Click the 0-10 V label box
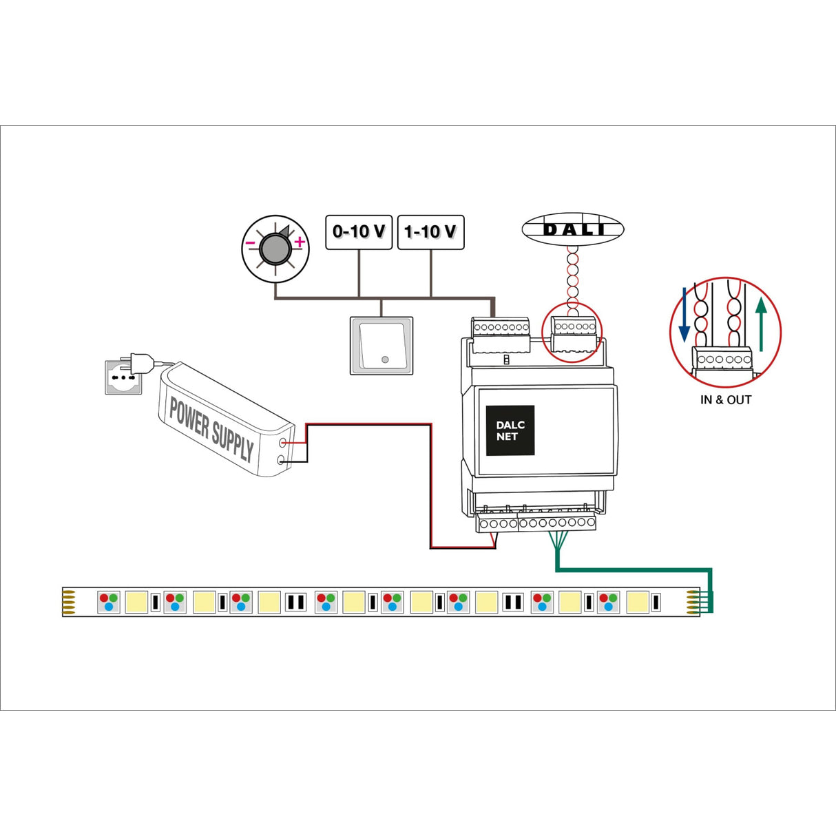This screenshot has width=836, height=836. (359, 232)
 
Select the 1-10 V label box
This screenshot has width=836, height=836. (431, 232)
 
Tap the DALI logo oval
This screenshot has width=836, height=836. (573, 229)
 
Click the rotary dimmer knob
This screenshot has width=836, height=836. (275, 249)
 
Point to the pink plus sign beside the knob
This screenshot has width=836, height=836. (300, 242)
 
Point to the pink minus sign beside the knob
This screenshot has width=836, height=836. (250, 243)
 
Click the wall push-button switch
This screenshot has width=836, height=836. (382, 346)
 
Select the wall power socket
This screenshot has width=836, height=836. (122, 377)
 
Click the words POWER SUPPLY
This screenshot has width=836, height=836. (211, 428)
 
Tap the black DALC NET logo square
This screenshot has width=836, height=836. (510, 430)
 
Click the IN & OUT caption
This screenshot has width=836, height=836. (726, 400)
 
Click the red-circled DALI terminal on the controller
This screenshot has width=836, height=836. (573, 333)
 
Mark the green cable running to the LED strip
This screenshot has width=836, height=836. (634, 570)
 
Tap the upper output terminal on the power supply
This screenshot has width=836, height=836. (283, 443)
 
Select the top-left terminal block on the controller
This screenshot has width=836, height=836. (500, 333)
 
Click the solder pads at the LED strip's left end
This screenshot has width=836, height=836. (68, 602)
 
